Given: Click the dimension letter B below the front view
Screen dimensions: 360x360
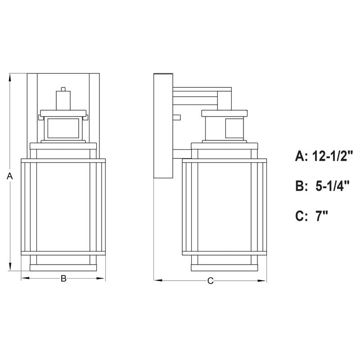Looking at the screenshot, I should tap(63, 279).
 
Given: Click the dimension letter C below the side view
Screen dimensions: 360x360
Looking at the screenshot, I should tap(210, 281).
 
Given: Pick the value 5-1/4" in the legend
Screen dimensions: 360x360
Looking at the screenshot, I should tap(331, 186).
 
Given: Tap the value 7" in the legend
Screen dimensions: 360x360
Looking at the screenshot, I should tap(321, 216).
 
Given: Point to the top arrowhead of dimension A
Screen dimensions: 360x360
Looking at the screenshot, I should tap(10, 76).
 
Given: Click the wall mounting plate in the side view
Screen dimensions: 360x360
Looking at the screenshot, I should tap(163, 126).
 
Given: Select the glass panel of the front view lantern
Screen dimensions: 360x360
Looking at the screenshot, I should tap(63, 207).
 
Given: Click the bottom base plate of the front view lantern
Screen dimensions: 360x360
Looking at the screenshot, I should tap(63, 268).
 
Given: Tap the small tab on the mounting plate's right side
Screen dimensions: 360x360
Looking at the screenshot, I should tap(176, 117).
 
